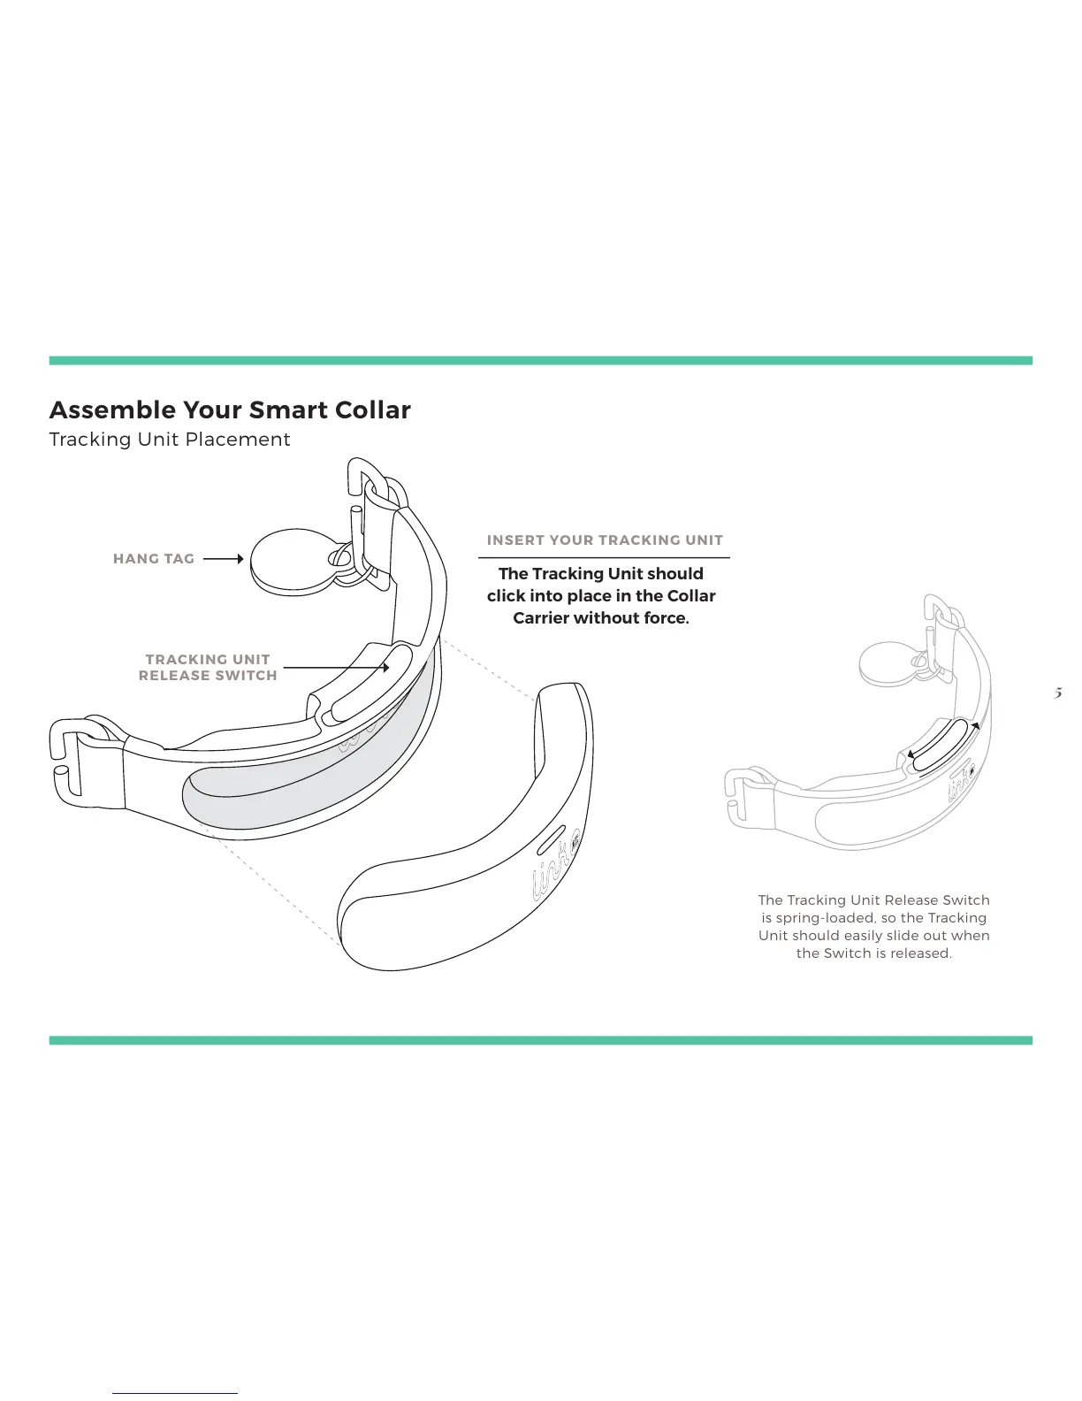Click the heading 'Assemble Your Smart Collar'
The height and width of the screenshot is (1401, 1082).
tap(230, 410)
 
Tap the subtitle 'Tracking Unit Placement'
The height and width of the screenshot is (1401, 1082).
tap(170, 440)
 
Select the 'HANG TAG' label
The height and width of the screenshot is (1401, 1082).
tap(154, 559)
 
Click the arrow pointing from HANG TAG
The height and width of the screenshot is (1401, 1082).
tap(223, 559)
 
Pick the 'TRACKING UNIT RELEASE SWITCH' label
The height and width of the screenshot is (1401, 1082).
tap(208, 668)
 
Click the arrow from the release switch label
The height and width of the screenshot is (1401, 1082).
tap(336, 668)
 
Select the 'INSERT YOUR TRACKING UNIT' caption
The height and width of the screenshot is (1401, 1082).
tap(605, 540)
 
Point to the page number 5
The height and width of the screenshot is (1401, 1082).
tap(1057, 693)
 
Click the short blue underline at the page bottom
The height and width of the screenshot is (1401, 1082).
tap(175, 1393)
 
